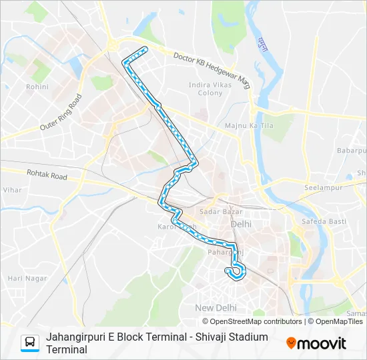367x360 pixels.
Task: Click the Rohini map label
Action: tap(37, 87)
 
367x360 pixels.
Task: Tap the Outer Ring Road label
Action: tap(61, 112)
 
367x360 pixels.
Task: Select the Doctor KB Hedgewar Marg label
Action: tap(208, 66)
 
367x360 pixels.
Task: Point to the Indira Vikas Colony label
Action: tap(210, 89)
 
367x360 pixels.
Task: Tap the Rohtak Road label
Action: tap(47, 177)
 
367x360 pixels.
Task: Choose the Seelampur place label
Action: tap(323, 187)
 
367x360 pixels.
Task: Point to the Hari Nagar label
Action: tap(24, 278)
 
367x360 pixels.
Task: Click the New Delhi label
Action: tap(216, 307)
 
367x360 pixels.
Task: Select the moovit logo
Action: tap(316, 343)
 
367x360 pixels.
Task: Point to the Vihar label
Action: tap(12, 190)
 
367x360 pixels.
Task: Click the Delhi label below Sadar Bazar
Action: tap(241, 224)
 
